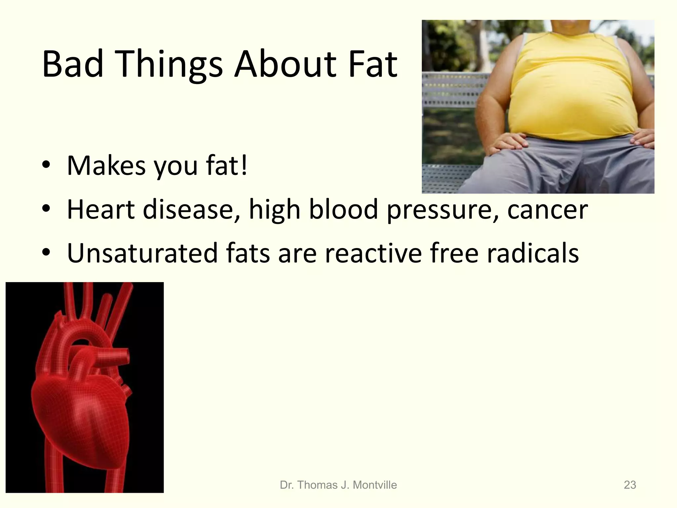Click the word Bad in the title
[73, 64]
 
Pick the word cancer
[547, 210]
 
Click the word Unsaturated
[142, 253]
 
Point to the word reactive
[373, 253]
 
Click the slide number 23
[630, 485]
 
